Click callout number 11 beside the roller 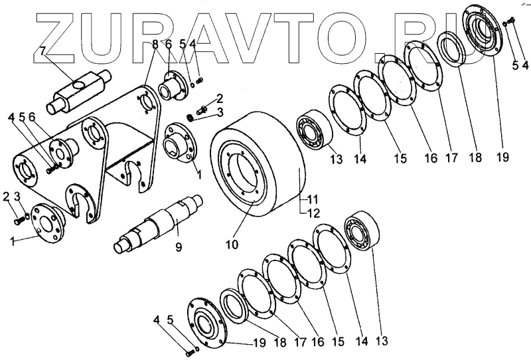tap(313, 199)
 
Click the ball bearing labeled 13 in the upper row tap(309, 129)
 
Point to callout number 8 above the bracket tap(155, 44)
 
